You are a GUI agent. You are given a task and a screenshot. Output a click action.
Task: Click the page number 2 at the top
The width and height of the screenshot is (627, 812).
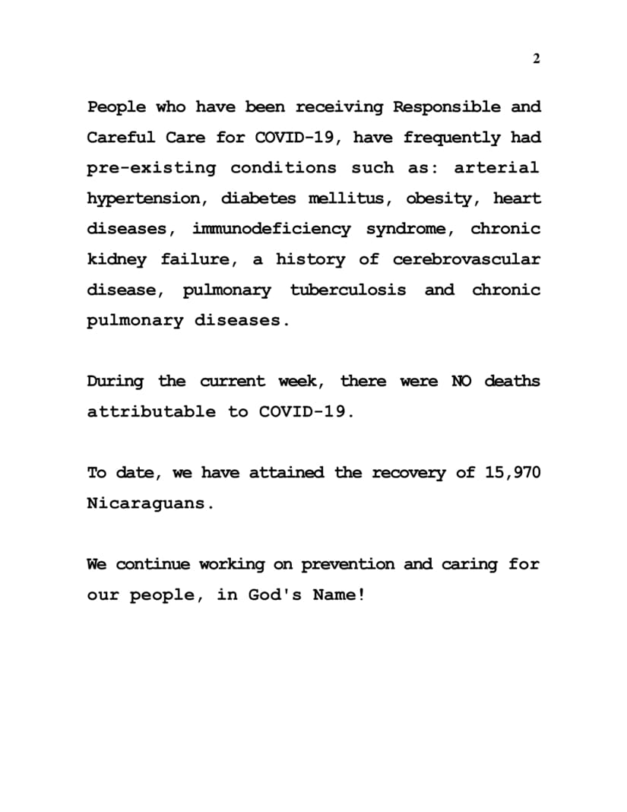tap(536, 59)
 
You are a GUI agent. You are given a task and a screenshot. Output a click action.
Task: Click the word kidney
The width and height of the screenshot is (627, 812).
tap(116, 260)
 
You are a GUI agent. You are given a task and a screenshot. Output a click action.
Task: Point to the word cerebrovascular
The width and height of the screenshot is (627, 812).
tap(466, 259)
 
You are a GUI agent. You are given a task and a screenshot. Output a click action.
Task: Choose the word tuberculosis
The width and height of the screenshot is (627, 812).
tap(347, 290)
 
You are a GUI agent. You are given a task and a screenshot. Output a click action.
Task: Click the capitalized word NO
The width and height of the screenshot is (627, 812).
tap(461, 381)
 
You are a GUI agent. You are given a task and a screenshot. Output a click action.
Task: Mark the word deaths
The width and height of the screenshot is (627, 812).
tap(512, 381)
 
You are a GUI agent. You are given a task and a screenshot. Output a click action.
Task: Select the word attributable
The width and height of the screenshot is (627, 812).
tap(151, 411)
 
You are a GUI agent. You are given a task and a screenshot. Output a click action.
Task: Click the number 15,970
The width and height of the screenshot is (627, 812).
tap(512, 473)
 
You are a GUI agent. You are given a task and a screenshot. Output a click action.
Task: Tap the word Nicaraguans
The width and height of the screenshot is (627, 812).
tap(146, 503)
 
